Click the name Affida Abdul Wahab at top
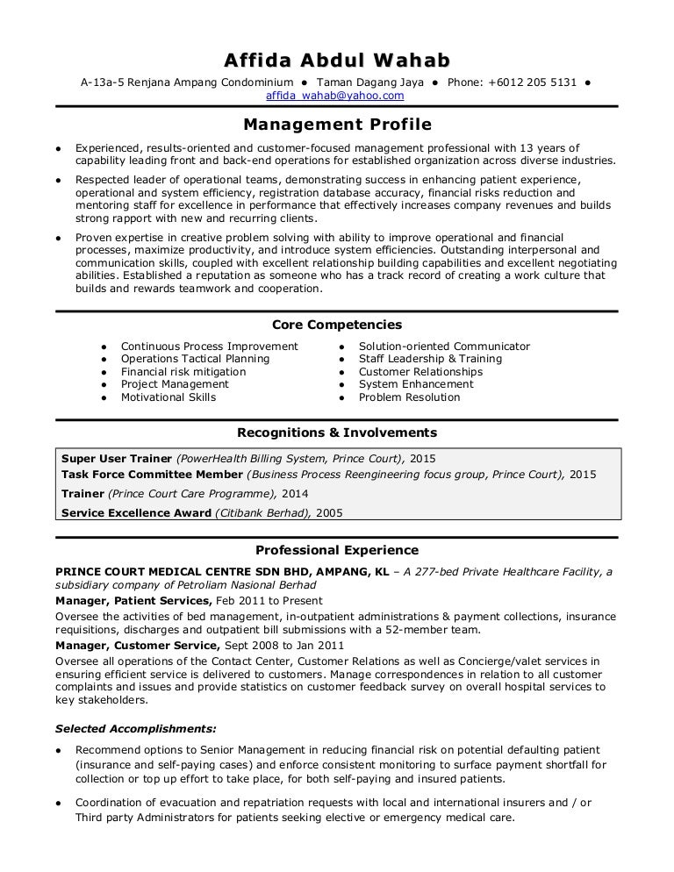[x=337, y=61]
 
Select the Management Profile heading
[x=337, y=125]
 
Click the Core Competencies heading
[x=337, y=325]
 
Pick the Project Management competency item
[x=175, y=384]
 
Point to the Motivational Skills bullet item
[x=168, y=397]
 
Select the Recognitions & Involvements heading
[x=337, y=432]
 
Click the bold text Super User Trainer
[x=117, y=459]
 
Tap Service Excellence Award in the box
[x=137, y=512]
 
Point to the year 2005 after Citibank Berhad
[x=329, y=512]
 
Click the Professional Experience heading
[x=337, y=550]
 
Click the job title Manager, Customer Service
[x=137, y=646]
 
